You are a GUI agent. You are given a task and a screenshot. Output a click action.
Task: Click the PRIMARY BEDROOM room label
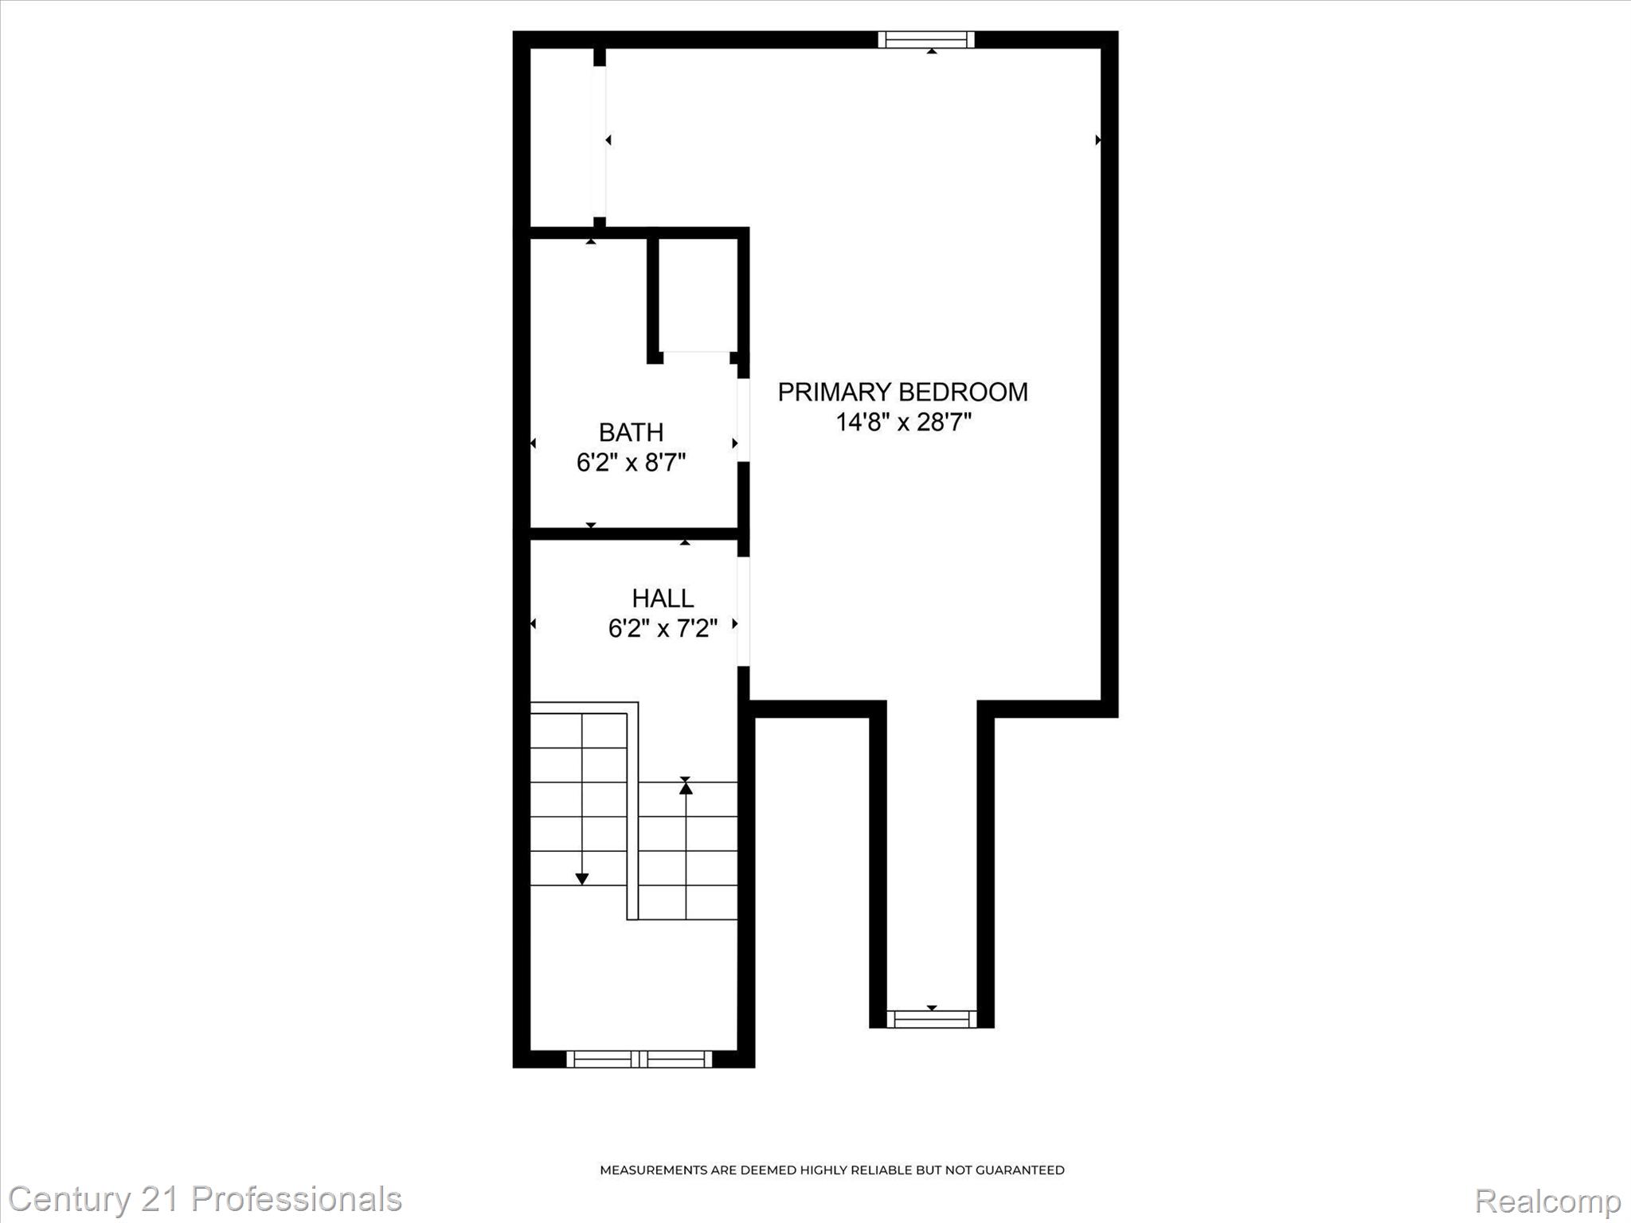tap(902, 392)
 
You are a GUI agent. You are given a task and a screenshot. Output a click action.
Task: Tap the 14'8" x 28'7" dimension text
tap(903, 422)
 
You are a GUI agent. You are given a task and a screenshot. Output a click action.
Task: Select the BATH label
tap(631, 432)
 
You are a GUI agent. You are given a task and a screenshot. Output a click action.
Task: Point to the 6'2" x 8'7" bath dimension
tap(631, 463)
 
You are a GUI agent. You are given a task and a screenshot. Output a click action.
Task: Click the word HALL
tap(663, 598)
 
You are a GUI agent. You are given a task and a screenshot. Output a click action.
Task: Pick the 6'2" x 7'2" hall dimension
tap(663, 629)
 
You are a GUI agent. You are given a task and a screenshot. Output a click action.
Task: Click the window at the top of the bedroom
tap(926, 40)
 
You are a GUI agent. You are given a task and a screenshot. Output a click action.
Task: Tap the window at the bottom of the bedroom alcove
tap(931, 1018)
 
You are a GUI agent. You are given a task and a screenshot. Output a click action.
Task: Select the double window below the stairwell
tap(639, 1059)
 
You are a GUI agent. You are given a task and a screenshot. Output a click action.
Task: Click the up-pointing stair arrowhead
tap(686, 787)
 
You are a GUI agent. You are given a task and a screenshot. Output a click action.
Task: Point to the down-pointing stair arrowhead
tap(582, 879)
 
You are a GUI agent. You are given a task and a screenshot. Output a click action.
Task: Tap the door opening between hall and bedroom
tap(743, 611)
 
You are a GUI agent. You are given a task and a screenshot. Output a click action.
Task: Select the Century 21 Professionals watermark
tap(205, 1199)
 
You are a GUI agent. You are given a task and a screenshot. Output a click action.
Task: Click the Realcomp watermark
tap(1547, 1201)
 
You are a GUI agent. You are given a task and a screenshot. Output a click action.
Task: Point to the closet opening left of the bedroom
tap(599, 141)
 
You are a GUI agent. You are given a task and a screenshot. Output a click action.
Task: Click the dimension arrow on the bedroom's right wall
tap(1098, 140)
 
